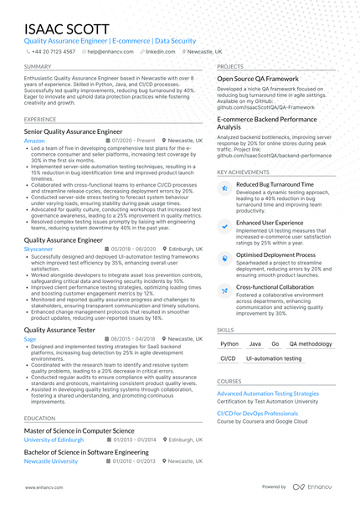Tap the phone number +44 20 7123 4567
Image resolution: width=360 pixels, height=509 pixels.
[52, 51]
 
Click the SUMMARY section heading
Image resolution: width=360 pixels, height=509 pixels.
[38, 66]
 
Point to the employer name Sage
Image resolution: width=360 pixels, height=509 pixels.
[30, 338]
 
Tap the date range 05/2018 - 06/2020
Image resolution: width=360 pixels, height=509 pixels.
[131, 249]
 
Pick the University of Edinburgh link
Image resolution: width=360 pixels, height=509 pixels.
[54, 439]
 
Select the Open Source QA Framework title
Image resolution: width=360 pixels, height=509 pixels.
[258, 78]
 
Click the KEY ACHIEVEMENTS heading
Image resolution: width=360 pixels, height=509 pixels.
[243, 172]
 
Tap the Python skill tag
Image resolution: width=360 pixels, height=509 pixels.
[229, 344]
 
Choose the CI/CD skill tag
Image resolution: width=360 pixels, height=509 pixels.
[228, 358]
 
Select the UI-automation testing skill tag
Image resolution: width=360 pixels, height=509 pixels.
[274, 358]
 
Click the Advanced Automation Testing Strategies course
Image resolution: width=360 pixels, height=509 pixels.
[268, 393]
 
